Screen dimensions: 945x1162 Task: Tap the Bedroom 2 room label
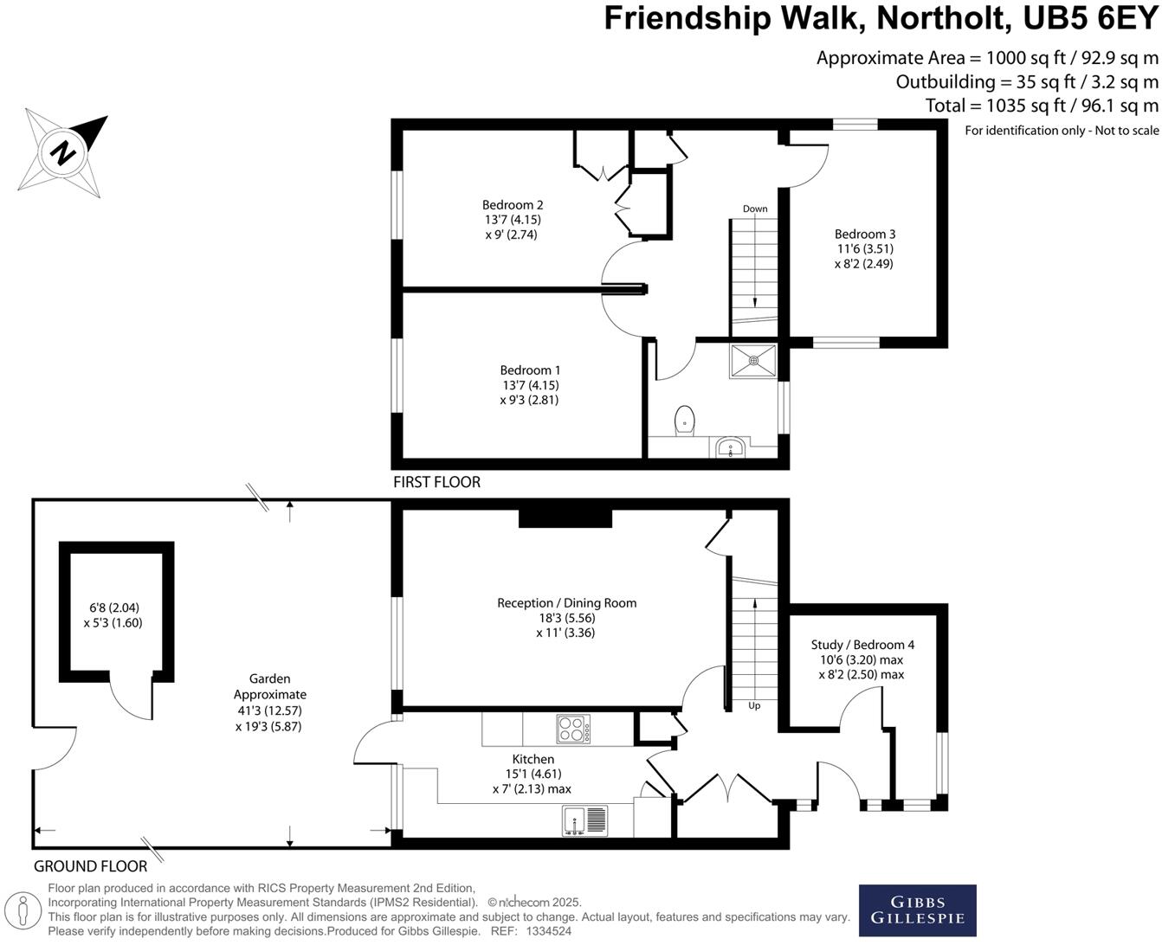513,205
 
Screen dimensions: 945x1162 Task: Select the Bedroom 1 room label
531,370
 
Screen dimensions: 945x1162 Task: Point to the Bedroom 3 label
864,234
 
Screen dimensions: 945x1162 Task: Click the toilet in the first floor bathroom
684,420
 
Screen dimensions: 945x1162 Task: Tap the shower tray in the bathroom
752,361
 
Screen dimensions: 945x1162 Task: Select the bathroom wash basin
730,449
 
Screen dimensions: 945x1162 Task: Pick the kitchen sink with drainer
585,820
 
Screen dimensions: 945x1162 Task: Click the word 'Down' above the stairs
755,209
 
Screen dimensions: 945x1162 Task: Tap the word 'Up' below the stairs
754,705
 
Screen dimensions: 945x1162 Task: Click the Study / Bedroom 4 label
862,645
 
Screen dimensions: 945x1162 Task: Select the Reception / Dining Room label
566,603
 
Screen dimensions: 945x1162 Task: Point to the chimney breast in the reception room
565,517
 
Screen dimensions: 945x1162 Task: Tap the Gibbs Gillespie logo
917,910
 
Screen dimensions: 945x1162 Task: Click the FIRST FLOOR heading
436,482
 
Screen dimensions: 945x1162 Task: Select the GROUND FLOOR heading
90,866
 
